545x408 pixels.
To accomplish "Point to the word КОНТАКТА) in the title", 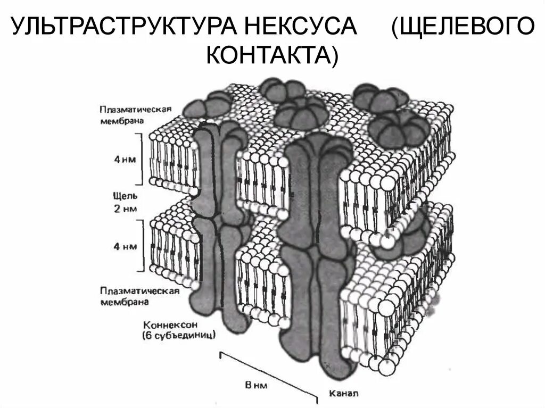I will click(271, 55).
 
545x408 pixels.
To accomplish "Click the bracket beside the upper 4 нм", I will click(142, 158).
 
